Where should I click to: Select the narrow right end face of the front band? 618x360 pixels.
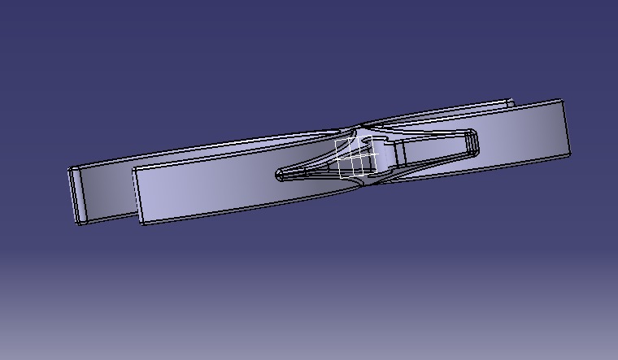click(x=565, y=128)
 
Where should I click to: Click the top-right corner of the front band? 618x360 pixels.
click(x=562, y=101)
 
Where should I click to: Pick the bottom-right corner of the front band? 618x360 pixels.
click(x=568, y=154)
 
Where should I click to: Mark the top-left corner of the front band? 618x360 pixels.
click(x=133, y=169)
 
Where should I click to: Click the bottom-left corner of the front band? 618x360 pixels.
click(x=141, y=223)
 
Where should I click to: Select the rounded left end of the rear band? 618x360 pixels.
click(x=76, y=195)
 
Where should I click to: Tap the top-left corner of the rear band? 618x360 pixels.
click(x=70, y=169)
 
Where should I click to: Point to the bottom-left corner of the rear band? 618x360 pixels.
click(x=80, y=223)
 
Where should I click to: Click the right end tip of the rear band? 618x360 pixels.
click(x=511, y=102)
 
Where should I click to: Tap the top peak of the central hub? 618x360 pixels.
click(x=359, y=128)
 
